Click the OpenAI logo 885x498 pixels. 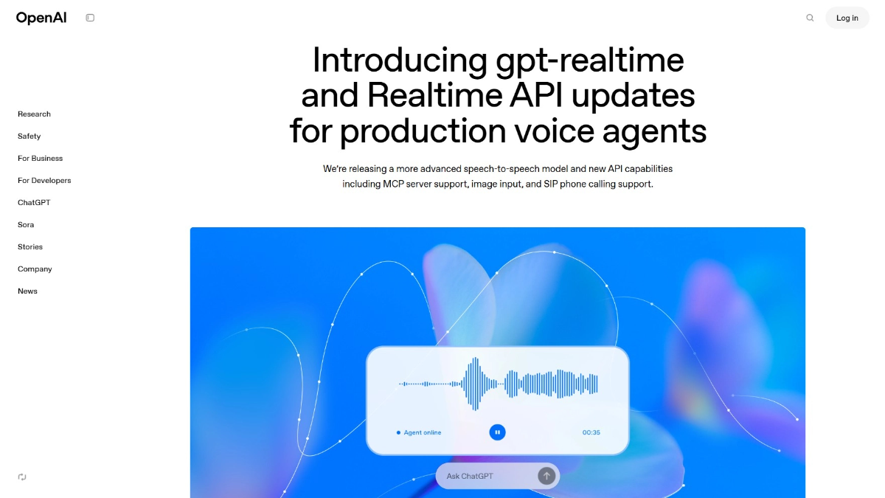coord(41,18)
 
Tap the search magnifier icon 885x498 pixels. coord(810,18)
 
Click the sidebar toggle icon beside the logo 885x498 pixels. coord(90,18)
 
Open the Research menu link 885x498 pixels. coord(34,114)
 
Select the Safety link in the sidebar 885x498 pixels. coord(29,136)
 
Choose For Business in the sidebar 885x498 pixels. coord(40,159)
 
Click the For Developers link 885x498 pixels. coord(44,181)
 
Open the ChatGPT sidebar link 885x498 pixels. coord(34,203)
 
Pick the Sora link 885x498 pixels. coord(26,225)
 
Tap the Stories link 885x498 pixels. coord(30,247)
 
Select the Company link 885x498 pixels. coord(35,269)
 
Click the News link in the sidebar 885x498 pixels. coord(27,291)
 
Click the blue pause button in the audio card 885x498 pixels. coord(498,432)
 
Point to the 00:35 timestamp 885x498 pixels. coord(591,432)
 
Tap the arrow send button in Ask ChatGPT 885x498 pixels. coord(546,476)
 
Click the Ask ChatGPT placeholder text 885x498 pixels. coord(470,476)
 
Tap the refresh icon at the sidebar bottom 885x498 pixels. coord(22,477)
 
